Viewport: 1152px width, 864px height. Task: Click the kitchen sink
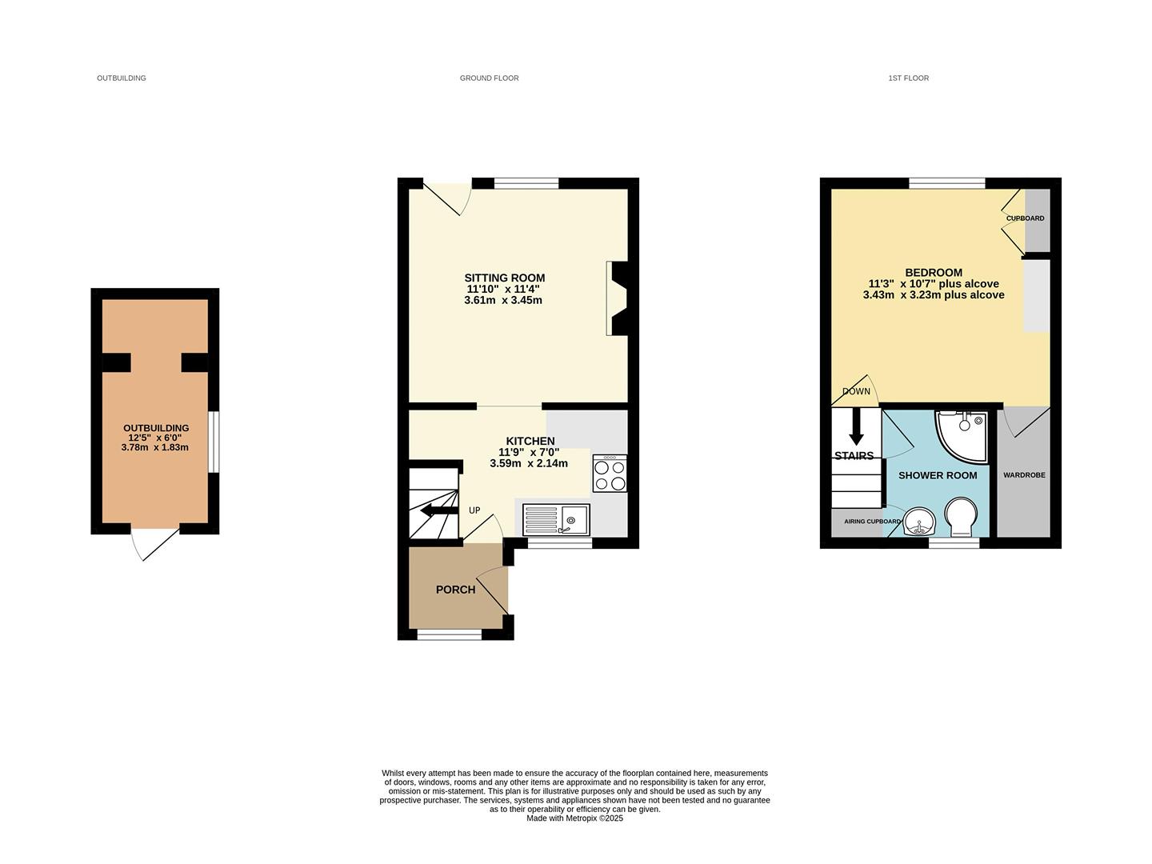pos(556,519)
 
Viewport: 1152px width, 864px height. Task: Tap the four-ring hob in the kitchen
pos(610,473)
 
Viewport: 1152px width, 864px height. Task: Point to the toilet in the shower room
pos(958,518)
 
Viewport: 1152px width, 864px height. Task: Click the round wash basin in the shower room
pos(921,523)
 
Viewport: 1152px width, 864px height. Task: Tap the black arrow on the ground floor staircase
pos(436,510)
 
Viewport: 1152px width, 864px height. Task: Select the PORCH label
pos(455,590)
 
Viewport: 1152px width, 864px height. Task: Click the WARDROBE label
pos(1024,475)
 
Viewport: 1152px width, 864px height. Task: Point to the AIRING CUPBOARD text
pos(872,522)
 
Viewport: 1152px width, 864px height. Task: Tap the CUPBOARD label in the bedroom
pos(1025,218)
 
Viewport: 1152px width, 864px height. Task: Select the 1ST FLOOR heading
pos(908,78)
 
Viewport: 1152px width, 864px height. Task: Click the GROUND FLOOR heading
pos(489,78)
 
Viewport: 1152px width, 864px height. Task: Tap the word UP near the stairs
pos(474,510)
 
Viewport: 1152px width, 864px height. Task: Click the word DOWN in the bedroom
pos(856,392)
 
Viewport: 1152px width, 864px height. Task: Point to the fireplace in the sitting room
pos(618,298)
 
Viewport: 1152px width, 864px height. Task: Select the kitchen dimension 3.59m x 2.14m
pos(529,463)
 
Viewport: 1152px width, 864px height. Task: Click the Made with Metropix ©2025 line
pos(574,818)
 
